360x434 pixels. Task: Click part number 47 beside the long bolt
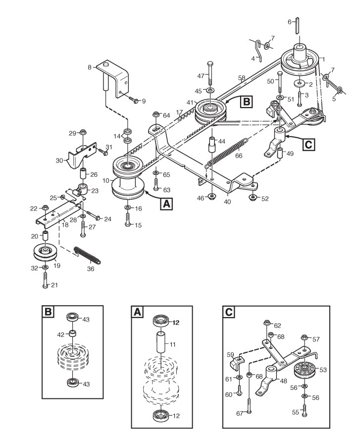[x=201, y=76]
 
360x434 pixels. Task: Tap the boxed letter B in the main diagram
[x=246, y=103]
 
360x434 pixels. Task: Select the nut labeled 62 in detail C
[x=267, y=325]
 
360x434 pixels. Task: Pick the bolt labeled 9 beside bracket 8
[x=134, y=101]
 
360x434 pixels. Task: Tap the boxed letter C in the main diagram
[x=308, y=145]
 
